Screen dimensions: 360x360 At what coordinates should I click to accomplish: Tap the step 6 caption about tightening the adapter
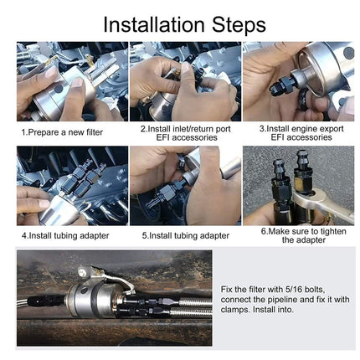pyautogui.click(x=297, y=234)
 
